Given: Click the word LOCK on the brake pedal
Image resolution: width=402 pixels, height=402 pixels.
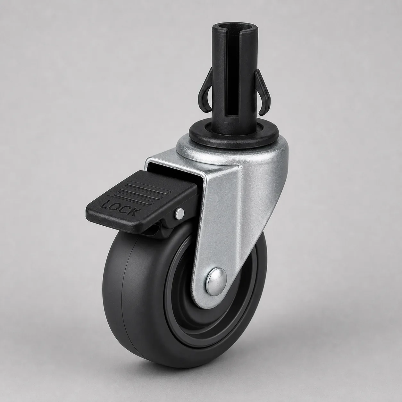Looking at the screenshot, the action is (119, 207).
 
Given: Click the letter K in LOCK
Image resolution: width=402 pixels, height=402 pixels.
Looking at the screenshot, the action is (133, 212).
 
